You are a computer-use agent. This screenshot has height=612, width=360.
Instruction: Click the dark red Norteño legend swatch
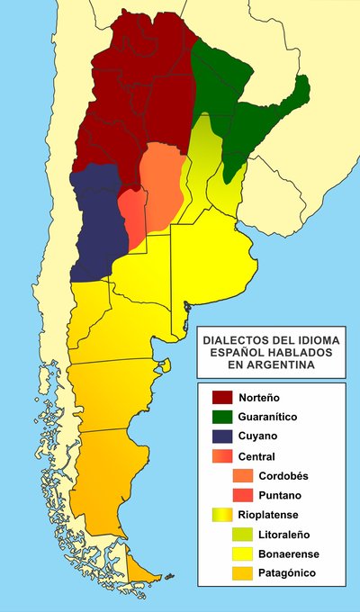tap(223, 397)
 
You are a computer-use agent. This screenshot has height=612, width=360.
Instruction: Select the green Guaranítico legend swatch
tap(223, 417)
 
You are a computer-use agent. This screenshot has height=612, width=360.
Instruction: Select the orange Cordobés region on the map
tap(163, 184)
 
